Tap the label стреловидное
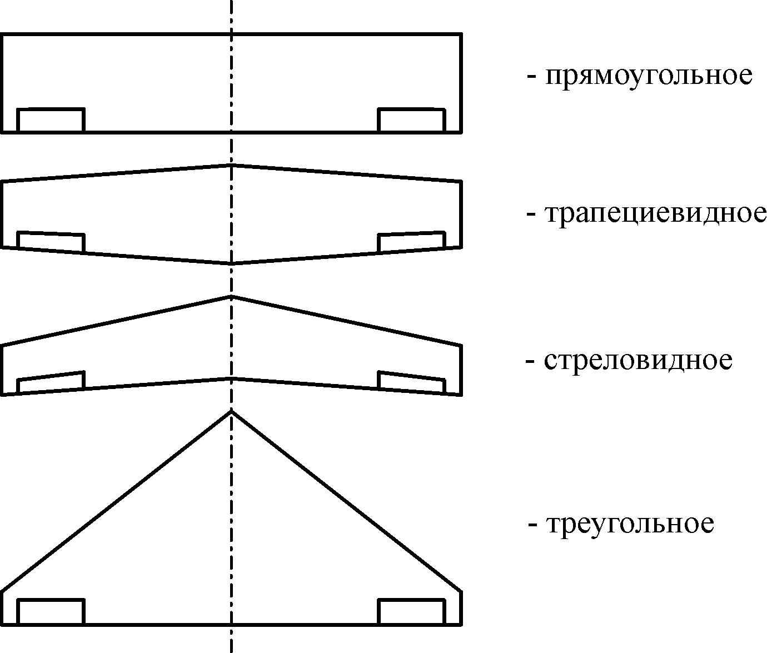(638, 360)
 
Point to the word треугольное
(630, 524)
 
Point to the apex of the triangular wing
(232, 411)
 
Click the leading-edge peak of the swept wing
(232, 296)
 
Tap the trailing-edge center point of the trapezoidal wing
(232, 263)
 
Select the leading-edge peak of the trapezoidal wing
(232, 165)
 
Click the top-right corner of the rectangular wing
(461, 34)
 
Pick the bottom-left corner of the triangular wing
(2, 624)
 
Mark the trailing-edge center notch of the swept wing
(232, 378)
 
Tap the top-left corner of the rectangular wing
(2, 34)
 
